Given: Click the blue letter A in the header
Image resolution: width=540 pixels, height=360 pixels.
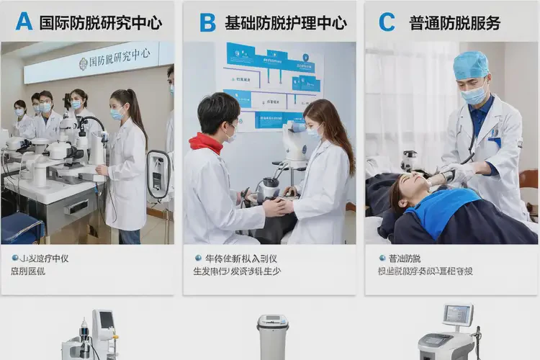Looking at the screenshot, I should [x=24, y=22].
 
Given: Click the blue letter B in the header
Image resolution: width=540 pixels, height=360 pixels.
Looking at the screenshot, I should [x=207, y=22].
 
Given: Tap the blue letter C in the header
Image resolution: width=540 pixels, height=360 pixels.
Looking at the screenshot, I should [x=387, y=22].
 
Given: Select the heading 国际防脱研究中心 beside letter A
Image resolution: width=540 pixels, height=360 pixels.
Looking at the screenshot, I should [x=100, y=22].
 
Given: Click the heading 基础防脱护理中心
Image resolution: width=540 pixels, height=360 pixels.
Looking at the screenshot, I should [x=285, y=22].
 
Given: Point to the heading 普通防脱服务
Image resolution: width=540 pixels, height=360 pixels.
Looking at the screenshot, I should [x=455, y=22].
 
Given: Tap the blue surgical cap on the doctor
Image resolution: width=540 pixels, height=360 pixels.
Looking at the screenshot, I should [x=471, y=64].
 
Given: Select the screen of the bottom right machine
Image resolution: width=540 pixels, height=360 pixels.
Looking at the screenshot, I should [x=457, y=315].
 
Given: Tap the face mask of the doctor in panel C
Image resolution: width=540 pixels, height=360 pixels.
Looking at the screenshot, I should [x=474, y=94].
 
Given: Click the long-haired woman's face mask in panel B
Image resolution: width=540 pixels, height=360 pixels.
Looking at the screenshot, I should [x=314, y=131].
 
